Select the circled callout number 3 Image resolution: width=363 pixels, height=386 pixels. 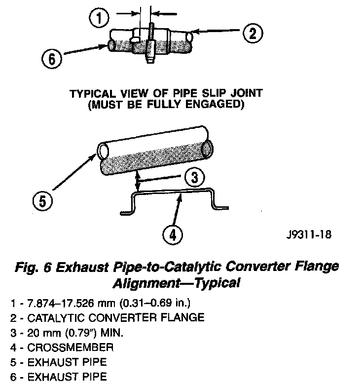point(194,177)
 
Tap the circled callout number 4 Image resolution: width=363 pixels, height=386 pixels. point(171,234)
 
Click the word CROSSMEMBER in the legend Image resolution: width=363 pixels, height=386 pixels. point(57,347)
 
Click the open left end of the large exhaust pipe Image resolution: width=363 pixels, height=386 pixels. point(104,150)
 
